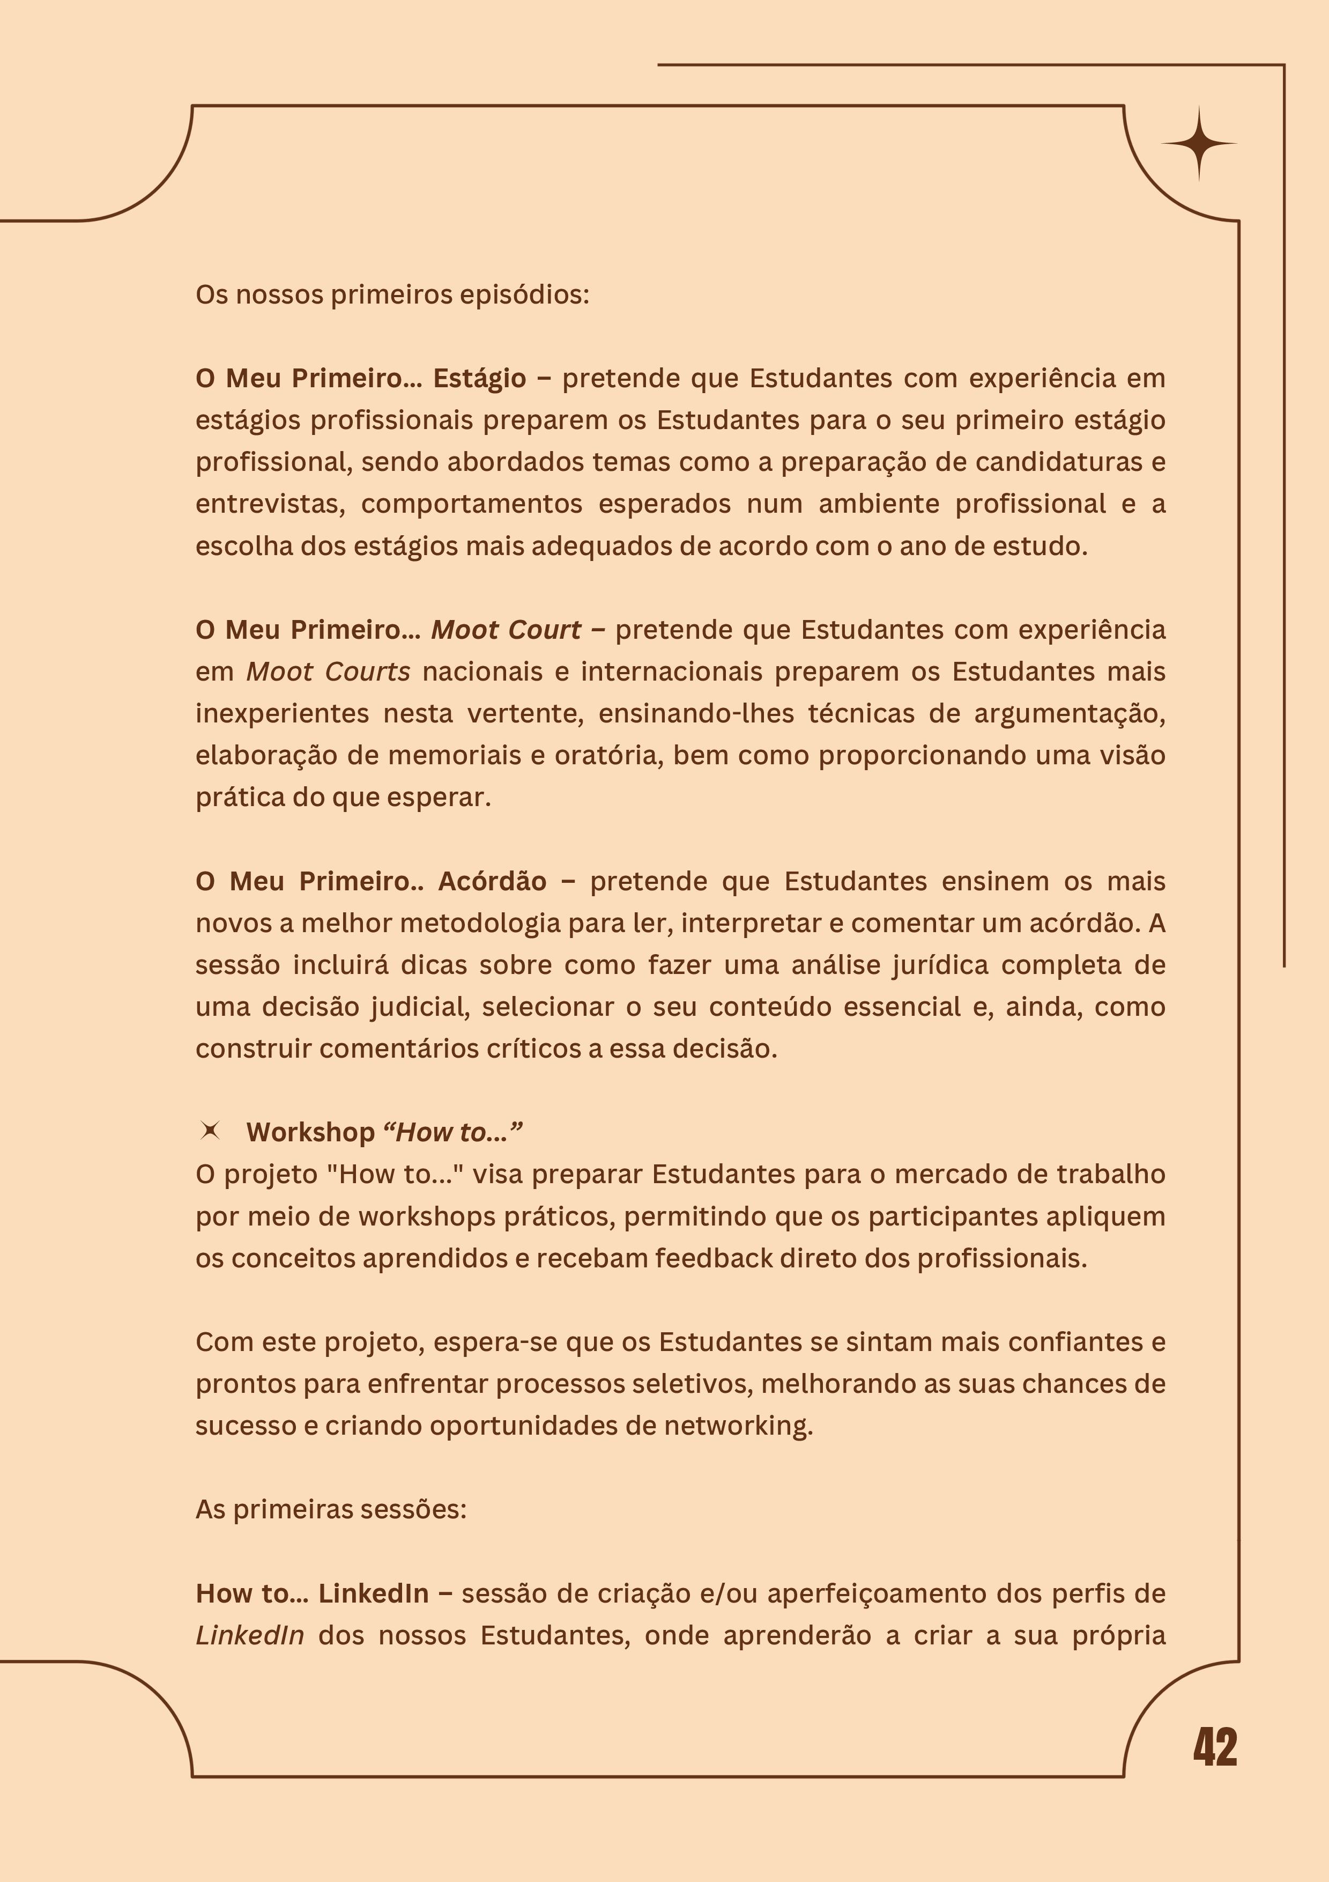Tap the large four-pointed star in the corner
coord(1199,143)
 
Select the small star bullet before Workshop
coord(210,1131)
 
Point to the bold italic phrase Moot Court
coord(506,630)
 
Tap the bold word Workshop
coord(310,1132)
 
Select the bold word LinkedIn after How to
coord(374,1593)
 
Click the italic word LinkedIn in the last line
coord(250,1635)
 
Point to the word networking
coord(738,1426)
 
